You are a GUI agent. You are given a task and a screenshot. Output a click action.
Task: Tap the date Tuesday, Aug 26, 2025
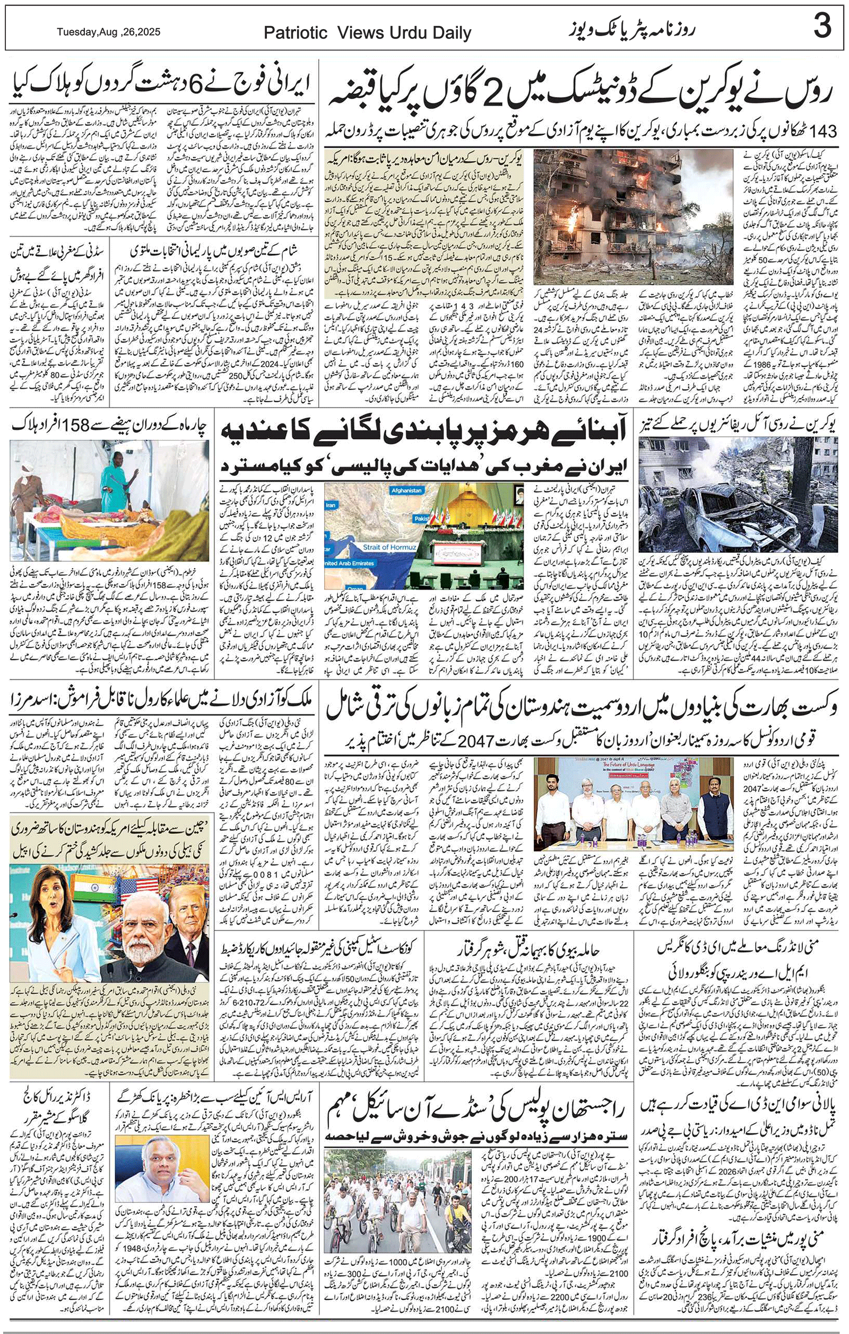click(109, 32)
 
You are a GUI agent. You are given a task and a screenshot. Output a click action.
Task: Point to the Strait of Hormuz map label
click(389, 547)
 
